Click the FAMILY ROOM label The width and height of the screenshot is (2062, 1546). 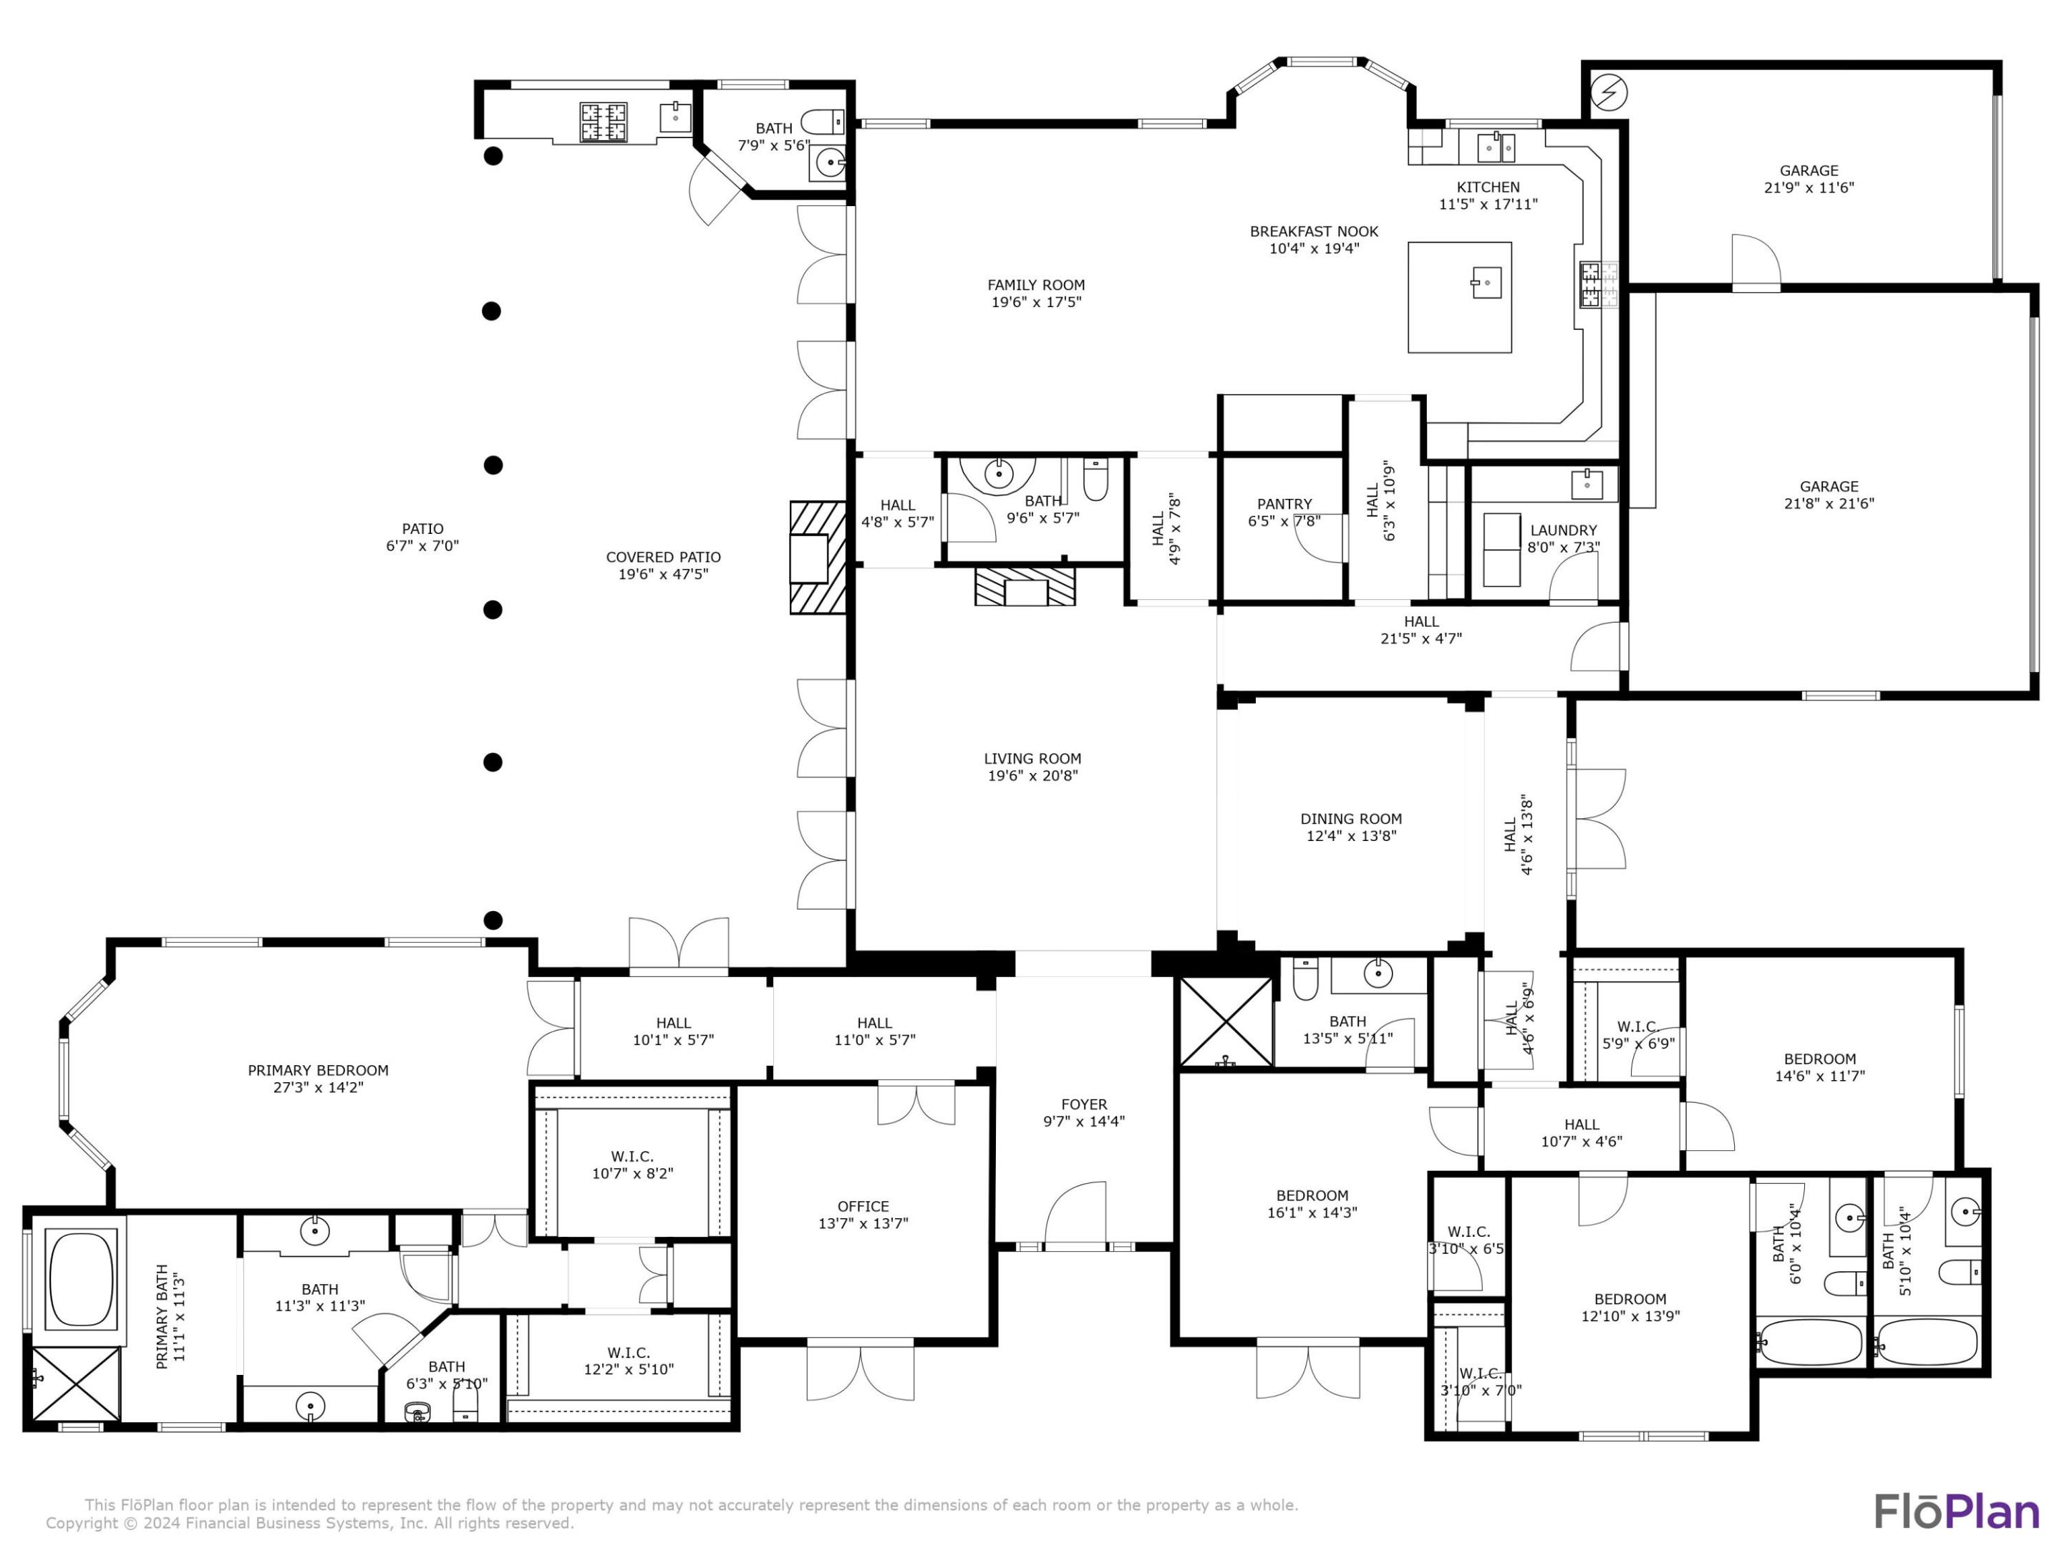point(1036,285)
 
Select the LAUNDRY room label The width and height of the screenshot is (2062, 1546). point(1563,530)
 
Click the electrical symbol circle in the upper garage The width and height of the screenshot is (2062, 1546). point(1609,92)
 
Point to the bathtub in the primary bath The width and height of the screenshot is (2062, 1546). point(81,1278)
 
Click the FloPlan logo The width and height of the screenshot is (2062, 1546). point(1956,1512)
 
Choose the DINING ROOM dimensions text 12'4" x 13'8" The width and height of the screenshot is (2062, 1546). point(1351,836)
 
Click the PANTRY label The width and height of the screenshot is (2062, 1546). point(1284,504)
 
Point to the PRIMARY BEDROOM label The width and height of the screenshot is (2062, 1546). point(318,1070)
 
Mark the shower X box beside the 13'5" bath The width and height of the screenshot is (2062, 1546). point(1226,1021)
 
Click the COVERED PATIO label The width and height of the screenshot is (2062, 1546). point(663,558)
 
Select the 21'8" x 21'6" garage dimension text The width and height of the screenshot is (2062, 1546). point(1828,503)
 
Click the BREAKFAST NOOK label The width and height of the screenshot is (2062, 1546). point(1314,231)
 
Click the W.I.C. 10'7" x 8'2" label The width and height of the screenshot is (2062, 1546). point(632,1157)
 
